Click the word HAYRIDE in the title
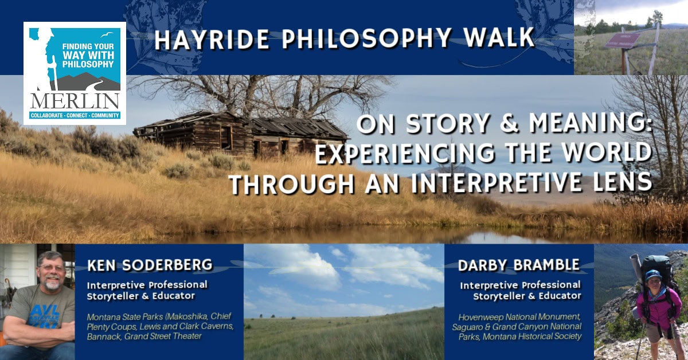(212, 40)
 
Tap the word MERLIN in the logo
(75, 101)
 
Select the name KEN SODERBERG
(150, 265)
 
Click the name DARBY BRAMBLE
(519, 265)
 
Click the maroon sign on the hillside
(623, 41)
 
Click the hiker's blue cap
(652, 275)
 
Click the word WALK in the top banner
(499, 39)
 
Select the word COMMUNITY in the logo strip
(105, 115)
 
